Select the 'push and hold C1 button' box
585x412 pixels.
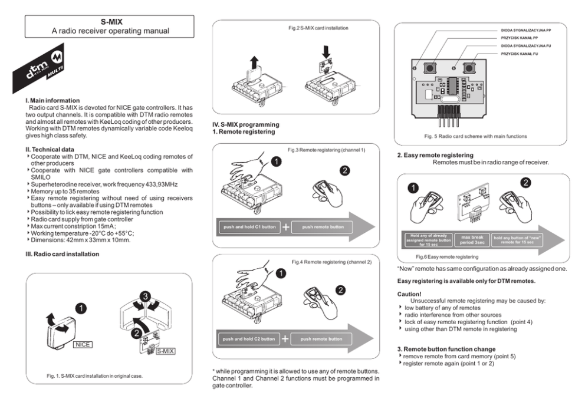(x=249, y=227)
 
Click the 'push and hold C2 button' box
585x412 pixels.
(x=249, y=339)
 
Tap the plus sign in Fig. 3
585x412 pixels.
(x=285, y=227)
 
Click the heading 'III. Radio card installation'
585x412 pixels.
(x=58, y=254)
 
